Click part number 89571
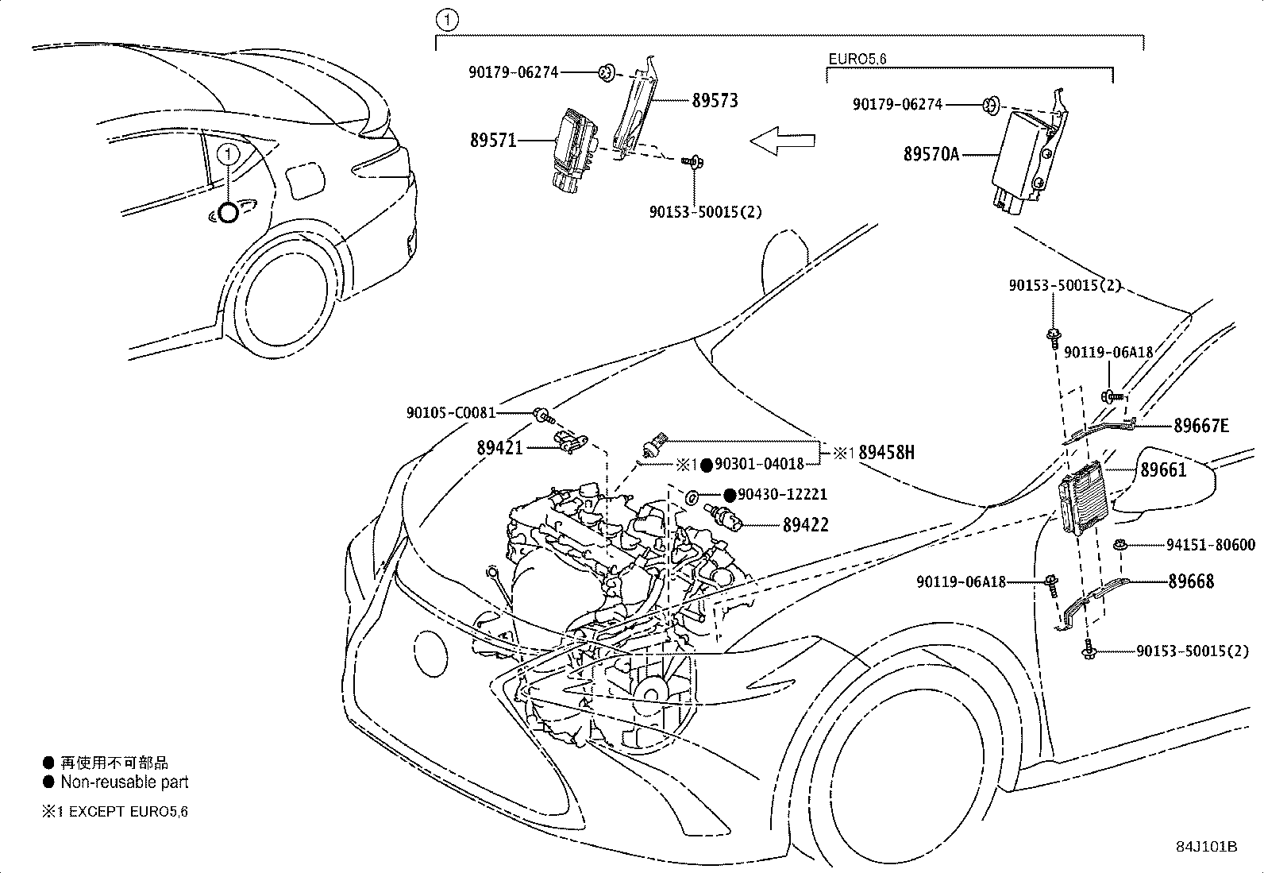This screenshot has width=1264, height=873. pyautogui.click(x=493, y=140)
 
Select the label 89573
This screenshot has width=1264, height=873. pyautogui.click(x=715, y=100)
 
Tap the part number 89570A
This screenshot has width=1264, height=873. pyautogui.click(x=931, y=153)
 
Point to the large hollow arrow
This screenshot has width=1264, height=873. pyautogui.click(x=782, y=141)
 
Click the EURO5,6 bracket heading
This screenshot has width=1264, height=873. pyautogui.click(x=857, y=59)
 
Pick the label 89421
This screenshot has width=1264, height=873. pyautogui.click(x=500, y=448)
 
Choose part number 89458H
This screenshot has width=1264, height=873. pyautogui.click(x=886, y=452)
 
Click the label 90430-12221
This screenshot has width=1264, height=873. pyautogui.click(x=782, y=495)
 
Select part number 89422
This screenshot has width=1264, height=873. pyautogui.click(x=805, y=524)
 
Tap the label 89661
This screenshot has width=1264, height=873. pyautogui.click(x=1163, y=469)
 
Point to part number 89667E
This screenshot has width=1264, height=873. pyautogui.click(x=1200, y=425)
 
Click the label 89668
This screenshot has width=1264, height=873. pyautogui.click(x=1191, y=581)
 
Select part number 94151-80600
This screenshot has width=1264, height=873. pyautogui.click(x=1211, y=545)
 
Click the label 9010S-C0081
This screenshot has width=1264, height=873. pyautogui.click(x=451, y=413)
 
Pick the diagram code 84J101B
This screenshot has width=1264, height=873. pyautogui.click(x=1207, y=847)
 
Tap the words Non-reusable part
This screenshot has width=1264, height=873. pyautogui.click(x=124, y=782)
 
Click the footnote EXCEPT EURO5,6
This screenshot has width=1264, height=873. pyautogui.click(x=128, y=812)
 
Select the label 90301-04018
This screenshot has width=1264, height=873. pyautogui.click(x=759, y=464)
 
